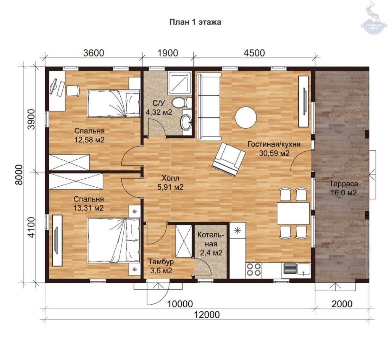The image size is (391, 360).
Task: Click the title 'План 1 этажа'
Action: click(x=195, y=22)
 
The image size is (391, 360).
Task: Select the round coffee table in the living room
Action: click(x=246, y=118)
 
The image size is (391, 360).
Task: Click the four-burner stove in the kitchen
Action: click(x=254, y=270)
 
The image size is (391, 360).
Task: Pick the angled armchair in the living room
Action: click(x=228, y=159)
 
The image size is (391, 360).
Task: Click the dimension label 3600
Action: click(x=94, y=53)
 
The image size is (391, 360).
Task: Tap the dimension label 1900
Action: click(x=168, y=53)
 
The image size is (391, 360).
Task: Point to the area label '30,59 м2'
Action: click(x=274, y=153)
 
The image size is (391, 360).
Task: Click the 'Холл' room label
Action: click(x=170, y=178)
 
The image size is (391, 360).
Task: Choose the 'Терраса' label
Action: click(x=344, y=184)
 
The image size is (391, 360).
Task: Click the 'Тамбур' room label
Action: click(x=161, y=262)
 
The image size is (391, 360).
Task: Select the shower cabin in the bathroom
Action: click(x=179, y=83)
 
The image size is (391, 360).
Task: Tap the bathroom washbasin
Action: click(x=186, y=122)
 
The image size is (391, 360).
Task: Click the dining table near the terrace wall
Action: click(x=293, y=213)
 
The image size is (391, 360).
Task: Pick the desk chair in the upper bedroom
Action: click(x=73, y=90)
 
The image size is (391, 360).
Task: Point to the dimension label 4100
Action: click(x=32, y=227)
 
